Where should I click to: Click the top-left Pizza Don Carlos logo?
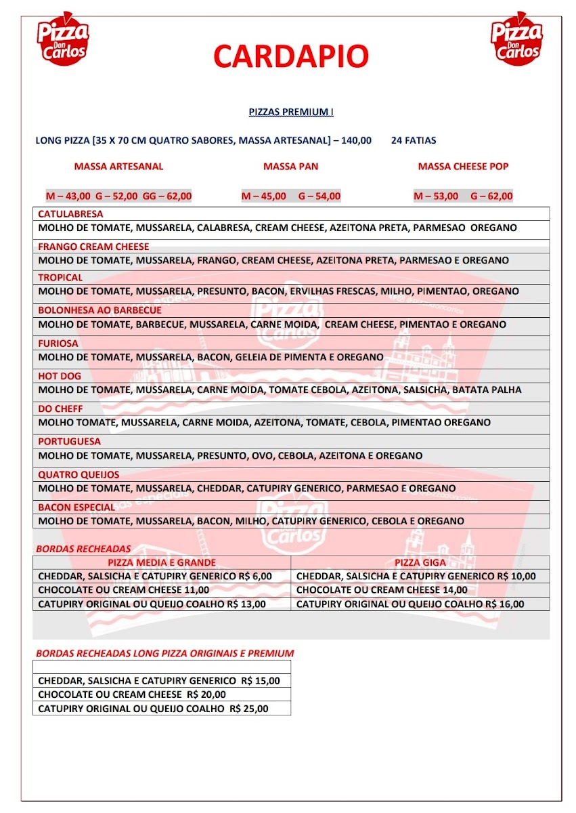(x=63, y=38)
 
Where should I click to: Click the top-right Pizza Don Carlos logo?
(x=516, y=38)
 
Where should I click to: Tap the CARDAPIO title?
(x=291, y=56)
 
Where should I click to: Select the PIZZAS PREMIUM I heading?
(x=291, y=112)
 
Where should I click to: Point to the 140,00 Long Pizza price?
(x=356, y=141)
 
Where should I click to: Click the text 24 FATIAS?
(x=414, y=141)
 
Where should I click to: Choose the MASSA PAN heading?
(x=290, y=166)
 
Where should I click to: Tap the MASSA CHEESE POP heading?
(x=463, y=166)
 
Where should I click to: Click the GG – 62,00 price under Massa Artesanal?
(x=167, y=196)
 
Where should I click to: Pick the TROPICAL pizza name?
(x=60, y=277)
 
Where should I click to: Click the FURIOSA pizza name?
(x=58, y=343)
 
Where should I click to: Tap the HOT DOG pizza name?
(x=60, y=375)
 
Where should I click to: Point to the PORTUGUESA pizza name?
(x=69, y=441)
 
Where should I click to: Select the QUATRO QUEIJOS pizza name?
(x=79, y=475)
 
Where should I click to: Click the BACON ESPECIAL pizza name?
(x=76, y=507)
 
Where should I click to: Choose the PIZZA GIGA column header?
(x=420, y=562)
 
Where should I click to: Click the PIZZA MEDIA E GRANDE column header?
(x=162, y=562)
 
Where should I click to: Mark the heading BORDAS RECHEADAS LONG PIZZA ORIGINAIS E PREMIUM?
(x=164, y=654)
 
